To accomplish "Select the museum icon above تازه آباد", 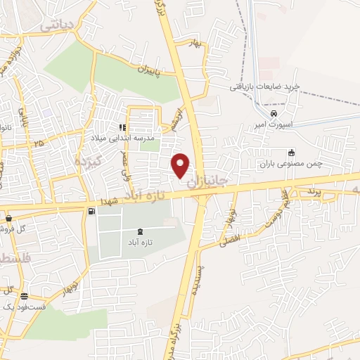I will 139,231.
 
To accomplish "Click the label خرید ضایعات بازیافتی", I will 264,86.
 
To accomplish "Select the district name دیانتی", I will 57,26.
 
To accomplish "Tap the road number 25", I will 37,143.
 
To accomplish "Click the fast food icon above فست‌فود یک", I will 25,296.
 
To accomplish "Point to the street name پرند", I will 314,191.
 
